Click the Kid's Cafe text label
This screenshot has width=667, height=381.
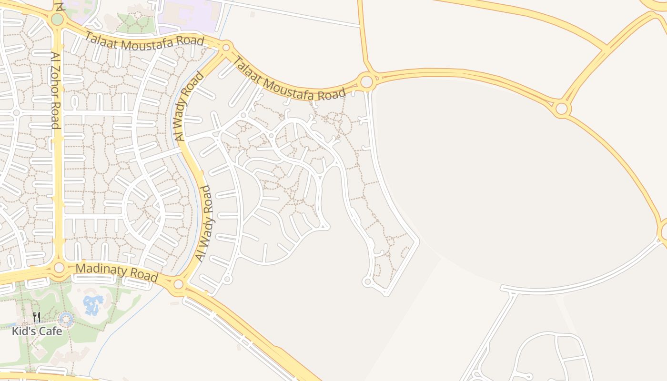(37, 331)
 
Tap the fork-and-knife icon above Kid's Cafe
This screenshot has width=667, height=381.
(37, 317)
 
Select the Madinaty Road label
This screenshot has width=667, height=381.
(117, 272)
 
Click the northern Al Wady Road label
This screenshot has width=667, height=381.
(190, 106)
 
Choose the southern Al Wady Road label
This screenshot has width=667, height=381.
(204, 223)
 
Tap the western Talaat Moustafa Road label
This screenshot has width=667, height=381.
(145, 42)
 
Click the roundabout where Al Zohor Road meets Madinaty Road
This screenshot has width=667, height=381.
(59, 268)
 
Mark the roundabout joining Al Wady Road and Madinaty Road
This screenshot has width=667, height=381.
(179, 285)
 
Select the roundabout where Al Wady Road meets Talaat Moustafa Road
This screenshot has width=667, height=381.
(226, 47)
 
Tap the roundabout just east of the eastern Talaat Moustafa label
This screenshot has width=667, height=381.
(366, 81)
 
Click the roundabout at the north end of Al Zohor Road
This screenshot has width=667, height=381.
(57, 20)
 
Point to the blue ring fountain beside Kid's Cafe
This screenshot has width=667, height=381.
(66, 320)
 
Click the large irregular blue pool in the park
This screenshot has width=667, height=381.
(93, 304)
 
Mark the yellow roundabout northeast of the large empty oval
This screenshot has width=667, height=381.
(562, 109)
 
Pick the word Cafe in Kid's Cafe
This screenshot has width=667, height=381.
(50, 331)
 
